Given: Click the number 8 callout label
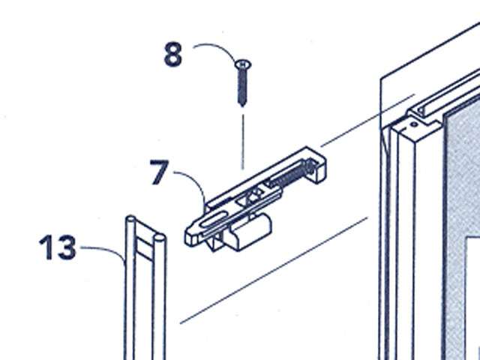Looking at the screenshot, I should tap(173, 55).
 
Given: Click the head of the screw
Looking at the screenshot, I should tap(243, 66).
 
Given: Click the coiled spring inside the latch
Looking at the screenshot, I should tap(289, 175).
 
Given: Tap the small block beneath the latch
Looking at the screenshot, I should tap(247, 233).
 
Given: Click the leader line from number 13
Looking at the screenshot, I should tap(101, 248).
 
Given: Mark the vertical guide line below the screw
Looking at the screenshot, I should tap(243, 139).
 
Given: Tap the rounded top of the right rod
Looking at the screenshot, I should tap(159, 238).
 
